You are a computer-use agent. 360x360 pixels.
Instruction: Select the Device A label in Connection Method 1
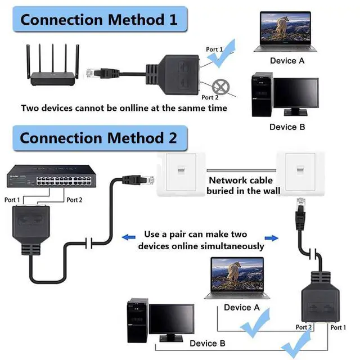tap(287, 60)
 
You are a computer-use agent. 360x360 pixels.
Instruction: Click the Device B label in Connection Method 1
tap(287, 127)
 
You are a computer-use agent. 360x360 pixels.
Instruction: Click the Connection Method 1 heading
tap(98, 20)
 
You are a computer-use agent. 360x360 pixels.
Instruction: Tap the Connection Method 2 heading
tap(98, 137)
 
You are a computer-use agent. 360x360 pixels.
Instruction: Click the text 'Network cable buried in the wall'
tap(240, 186)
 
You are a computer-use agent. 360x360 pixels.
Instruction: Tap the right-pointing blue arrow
tap(273, 237)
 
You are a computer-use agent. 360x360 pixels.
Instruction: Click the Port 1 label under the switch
tap(12, 200)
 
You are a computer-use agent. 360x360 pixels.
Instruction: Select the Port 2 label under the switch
tap(75, 200)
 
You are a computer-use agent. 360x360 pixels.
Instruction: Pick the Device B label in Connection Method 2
tap(207, 343)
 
